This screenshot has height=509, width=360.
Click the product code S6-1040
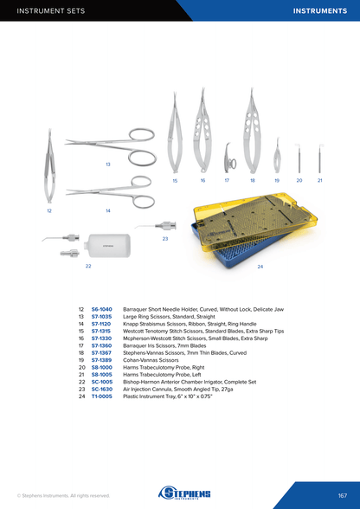tap(101, 309)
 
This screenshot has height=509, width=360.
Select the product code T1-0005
tap(101, 396)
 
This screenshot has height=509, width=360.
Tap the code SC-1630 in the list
tap(102, 390)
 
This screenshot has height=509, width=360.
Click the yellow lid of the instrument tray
tap(255, 221)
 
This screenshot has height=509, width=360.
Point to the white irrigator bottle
tap(107, 246)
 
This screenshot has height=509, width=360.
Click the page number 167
tap(343, 495)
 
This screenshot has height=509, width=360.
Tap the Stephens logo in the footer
tap(184, 493)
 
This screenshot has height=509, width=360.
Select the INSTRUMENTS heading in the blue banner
tap(320, 10)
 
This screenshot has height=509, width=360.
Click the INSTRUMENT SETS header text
tap(51, 10)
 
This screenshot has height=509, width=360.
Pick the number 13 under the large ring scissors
tap(108, 164)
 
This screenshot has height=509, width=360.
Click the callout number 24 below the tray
tap(260, 267)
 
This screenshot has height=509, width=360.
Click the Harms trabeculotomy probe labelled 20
tap(299, 158)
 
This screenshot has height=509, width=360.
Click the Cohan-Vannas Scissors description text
tap(151, 360)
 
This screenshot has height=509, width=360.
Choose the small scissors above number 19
tap(277, 158)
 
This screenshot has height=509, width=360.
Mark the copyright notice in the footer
tap(63, 496)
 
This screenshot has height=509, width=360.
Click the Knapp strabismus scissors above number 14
tap(111, 192)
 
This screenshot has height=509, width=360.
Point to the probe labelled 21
tap(319, 158)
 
